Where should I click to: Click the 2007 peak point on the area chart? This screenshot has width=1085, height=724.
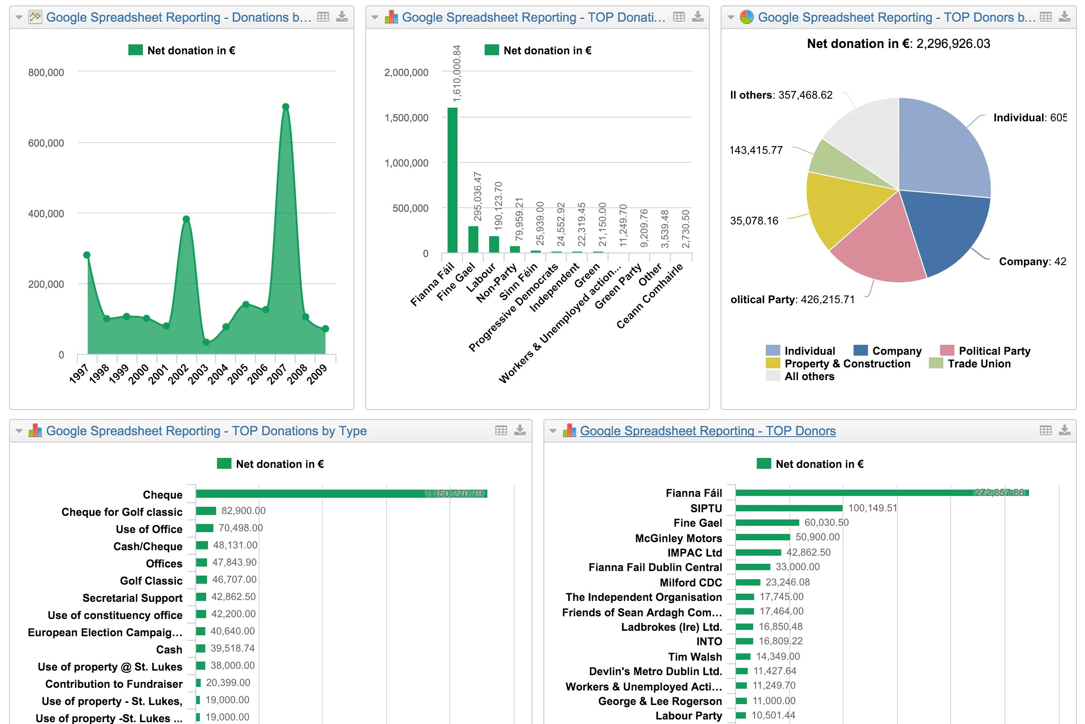(286, 107)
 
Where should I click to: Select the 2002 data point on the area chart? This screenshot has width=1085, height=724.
(186, 219)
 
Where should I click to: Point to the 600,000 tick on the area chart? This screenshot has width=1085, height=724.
(46, 143)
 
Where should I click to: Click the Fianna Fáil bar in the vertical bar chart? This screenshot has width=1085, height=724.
(453, 180)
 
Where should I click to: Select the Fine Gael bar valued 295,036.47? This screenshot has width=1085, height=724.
(473, 239)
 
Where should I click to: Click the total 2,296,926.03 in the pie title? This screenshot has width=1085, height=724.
(953, 44)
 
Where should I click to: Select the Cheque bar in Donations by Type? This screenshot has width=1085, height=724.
(341, 494)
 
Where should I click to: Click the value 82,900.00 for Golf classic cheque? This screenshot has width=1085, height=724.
(244, 511)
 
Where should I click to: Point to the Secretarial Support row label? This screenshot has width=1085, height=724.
(132, 598)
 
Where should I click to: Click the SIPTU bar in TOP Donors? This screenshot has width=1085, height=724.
(789, 508)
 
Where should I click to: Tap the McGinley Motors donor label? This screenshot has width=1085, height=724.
(678, 538)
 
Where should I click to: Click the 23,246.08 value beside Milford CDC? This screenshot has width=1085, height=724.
(788, 582)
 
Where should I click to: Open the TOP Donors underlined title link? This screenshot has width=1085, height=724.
(708, 431)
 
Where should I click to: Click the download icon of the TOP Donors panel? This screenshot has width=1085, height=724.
(1065, 430)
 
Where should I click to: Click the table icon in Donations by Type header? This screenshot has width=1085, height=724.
(501, 430)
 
